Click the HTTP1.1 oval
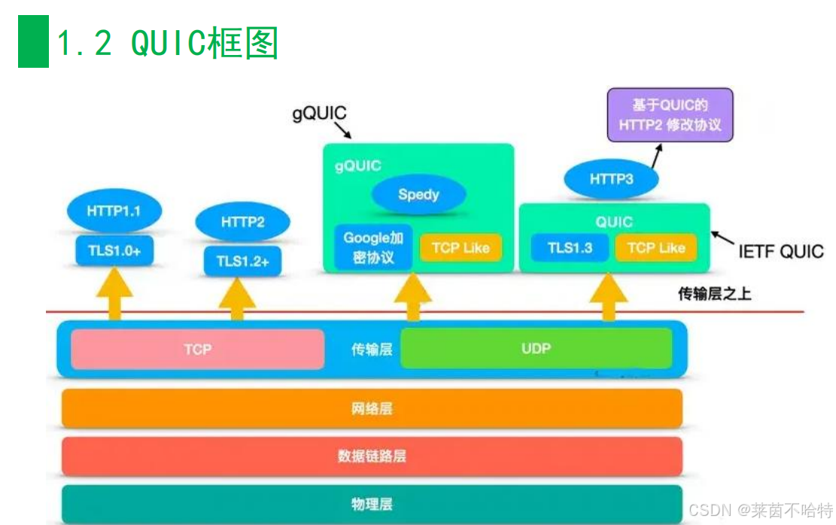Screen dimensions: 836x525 (114, 211)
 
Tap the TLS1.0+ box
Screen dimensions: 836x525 (114, 251)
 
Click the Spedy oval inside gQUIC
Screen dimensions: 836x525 (418, 194)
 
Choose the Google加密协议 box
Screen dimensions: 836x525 (374, 248)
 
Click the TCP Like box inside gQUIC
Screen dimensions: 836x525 (461, 248)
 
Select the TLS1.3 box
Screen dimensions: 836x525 (570, 248)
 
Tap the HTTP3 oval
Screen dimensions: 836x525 (612, 180)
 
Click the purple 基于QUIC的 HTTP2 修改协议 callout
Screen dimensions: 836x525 (670, 115)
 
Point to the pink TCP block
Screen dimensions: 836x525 (197, 349)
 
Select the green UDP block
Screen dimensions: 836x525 (536, 348)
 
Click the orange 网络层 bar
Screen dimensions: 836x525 (372, 408)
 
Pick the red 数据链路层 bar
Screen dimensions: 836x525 (372, 456)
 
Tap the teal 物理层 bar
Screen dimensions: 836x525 (372, 503)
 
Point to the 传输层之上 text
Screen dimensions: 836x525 (714, 294)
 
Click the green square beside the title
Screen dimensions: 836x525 (33, 41)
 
